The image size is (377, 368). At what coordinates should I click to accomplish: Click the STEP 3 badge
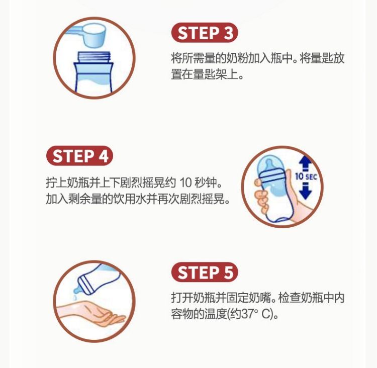click(205, 33)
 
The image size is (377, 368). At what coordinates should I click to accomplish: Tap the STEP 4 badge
click(79, 156)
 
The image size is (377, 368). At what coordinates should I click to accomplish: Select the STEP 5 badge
click(205, 272)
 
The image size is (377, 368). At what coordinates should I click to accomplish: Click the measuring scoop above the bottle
click(89, 34)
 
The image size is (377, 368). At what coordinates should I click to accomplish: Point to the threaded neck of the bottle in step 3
click(94, 57)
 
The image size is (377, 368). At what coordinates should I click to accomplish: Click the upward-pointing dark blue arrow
click(305, 163)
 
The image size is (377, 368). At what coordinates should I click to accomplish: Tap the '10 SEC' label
click(306, 177)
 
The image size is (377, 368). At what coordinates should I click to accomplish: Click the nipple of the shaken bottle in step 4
click(269, 164)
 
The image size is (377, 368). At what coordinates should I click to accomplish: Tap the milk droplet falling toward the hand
click(75, 298)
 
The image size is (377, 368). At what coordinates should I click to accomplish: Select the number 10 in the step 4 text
click(185, 183)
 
